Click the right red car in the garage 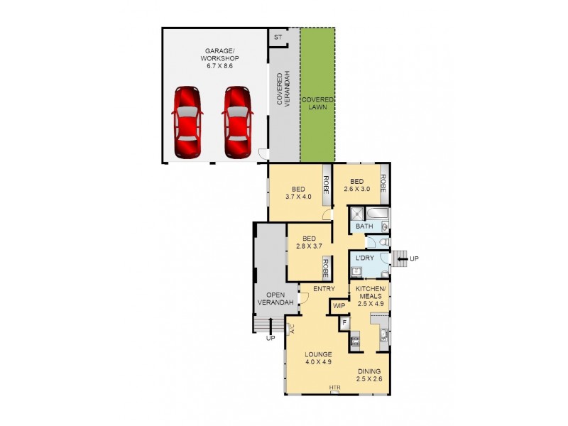point(238,122)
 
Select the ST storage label point(278,36)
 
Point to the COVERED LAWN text point(317,104)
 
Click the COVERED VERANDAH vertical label point(283,89)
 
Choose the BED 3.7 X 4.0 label point(299,192)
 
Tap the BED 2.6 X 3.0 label point(358,185)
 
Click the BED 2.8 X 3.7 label point(309,242)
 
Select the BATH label point(364,226)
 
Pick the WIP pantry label point(338,307)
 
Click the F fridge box point(344,322)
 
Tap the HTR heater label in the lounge point(334,388)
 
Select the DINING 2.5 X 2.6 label point(369,376)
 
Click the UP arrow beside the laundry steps point(413,258)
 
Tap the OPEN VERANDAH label point(271,299)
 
